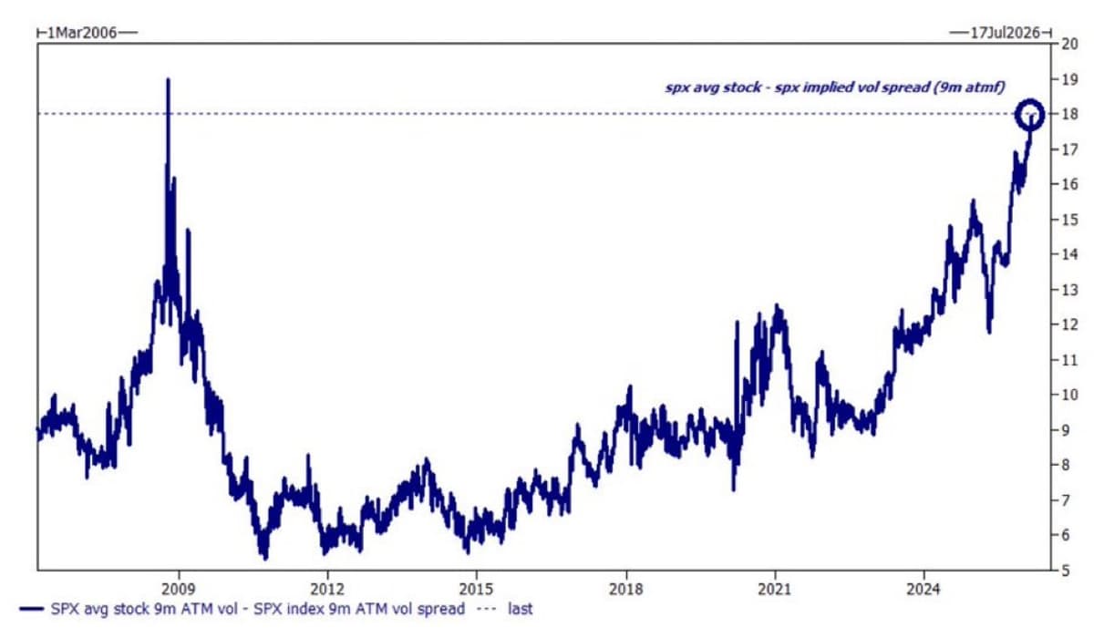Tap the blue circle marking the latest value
(x=1031, y=113)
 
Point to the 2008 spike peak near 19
(x=168, y=81)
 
